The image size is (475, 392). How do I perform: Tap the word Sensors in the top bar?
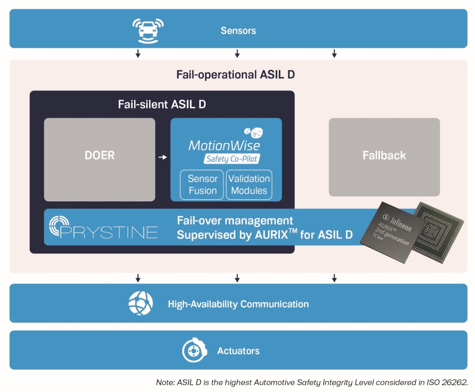pyautogui.click(x=238, y=30)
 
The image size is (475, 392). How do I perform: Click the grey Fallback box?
pyautogui.click(x=384, y=156)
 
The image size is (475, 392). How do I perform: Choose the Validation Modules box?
pyautogui.click(x=249, y=184)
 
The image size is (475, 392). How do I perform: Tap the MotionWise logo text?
pyautogui.click(x=224, y=145)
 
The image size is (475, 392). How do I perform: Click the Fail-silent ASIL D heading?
pyautogui.click(x=162, y=104)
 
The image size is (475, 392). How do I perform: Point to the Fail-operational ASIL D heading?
pyautogui.click(x=235, y=74)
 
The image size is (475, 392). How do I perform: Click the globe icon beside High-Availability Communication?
pyautogui.click(x=140, y=304)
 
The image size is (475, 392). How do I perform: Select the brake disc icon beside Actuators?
pyautogui.click(x=194, y=351)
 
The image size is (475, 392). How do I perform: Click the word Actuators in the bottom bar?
pyautogui.click(x=238, y=351)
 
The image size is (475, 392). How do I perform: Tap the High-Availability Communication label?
pyautogui.click(x=238, y=304)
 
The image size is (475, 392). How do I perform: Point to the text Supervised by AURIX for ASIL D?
pyautogui.click(x=265, y=235)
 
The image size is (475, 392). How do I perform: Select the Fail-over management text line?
pyautogui.click(x=235, y=221)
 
